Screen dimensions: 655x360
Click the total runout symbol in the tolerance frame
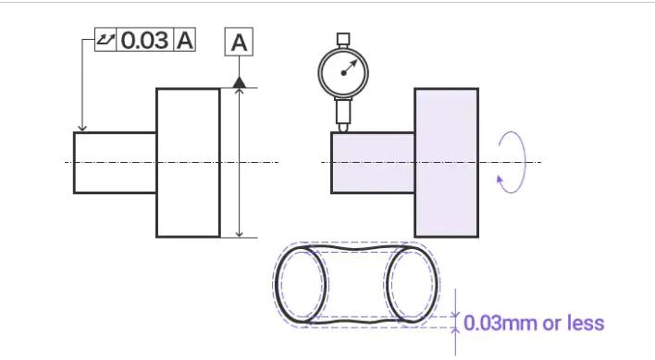click(x=105, y=40)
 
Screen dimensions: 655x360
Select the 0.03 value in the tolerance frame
click(x=144, y=40)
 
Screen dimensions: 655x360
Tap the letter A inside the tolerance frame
click(x=185, y=41)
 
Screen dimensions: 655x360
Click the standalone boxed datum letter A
click(x=239, y=42)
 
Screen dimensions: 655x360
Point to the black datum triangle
click(x=239, y=81)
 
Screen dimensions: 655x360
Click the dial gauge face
click(x=343, y=72)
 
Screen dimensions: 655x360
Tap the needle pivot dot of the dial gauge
click(x=344, y=73)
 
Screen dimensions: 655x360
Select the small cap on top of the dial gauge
click(x=343, y=40)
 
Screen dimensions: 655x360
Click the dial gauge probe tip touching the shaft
click(x=343, y=128)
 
